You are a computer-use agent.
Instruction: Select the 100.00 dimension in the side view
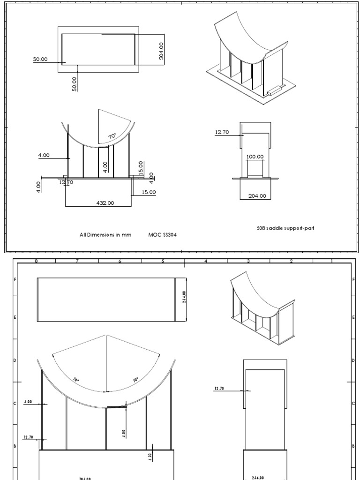(255, 157)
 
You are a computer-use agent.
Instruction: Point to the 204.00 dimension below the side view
(256, 196)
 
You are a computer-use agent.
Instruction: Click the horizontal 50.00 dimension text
(40, 59)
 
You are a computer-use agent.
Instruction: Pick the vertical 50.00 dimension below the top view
(75, 84)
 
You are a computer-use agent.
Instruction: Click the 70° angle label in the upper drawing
(112, 136)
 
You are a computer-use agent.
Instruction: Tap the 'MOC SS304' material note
(163, 234)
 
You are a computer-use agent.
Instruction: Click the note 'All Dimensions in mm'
(105, 234)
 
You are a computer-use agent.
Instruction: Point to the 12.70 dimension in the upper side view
(222, 132)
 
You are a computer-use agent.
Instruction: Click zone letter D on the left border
(15, 360)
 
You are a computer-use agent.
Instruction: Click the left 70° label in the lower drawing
(76, 380)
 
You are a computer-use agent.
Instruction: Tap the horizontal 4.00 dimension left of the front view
(44, 155)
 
